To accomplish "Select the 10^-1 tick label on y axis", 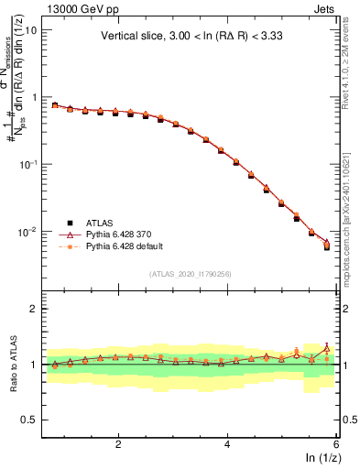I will coord(27,164).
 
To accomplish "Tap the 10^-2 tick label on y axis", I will coord(27,232).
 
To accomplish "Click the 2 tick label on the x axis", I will coord(118,443).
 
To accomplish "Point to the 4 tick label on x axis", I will coord(227,443).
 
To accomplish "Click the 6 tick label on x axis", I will coord(336,443).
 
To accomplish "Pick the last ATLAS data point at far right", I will coord(327,247).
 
